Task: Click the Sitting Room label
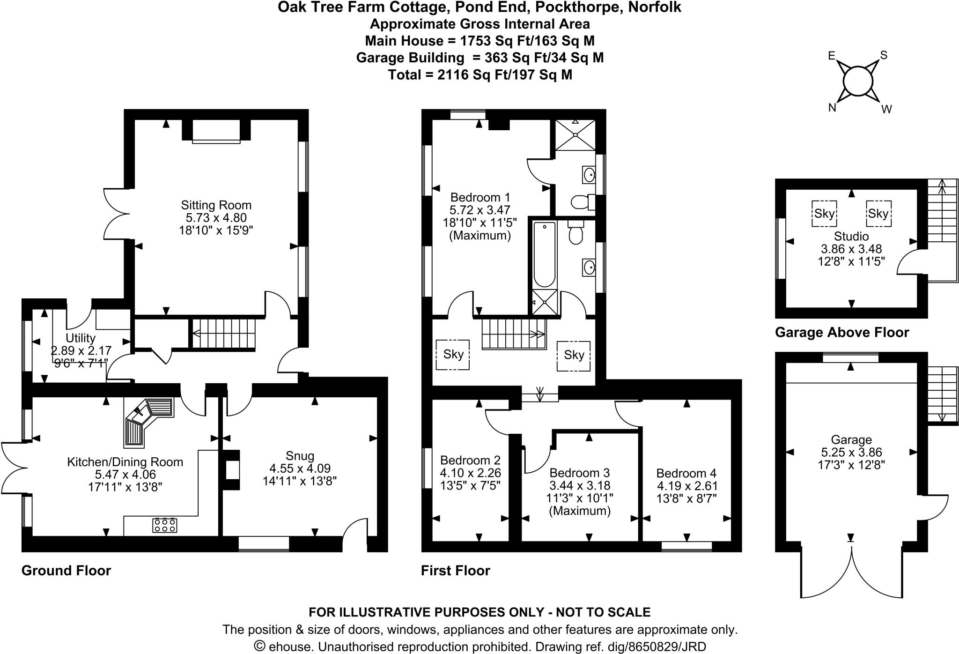pyautogui.click(x=216, y=205)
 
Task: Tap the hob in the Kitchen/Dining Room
pyautogui.click(x=165, y=525)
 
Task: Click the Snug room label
pyautogui.click(x=300, y=456)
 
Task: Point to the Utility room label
pyautogui.click(x=81, y=338)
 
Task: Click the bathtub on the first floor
pyautogui.click(x=544, y=254)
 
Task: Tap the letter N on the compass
pyautogui.click(x=832, y=108)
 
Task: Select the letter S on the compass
pyautogui.click(x=884, y=55)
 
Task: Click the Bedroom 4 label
pyautogui.click(x=686, y=473)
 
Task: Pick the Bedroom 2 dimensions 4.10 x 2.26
pyautogui.click(x=470, y=473)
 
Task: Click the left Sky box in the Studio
pyautogui.click(x=824, y=214)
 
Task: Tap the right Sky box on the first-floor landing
pyautogui.click(x=574, y=355)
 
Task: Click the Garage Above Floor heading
pyautogui.click(x=842, y=333)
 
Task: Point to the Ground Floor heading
pyautogui.click(x=66, y=571)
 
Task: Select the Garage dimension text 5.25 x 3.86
pyautogui.click(x=851, y=453)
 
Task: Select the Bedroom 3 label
pyautogui.click(x=579, y=473)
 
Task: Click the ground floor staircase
pyautogui.click(x=224, y=334)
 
